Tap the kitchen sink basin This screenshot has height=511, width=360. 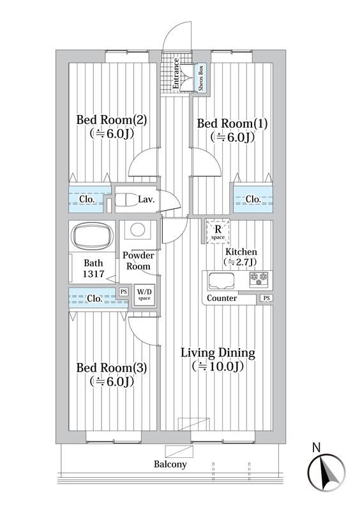coord(220,280)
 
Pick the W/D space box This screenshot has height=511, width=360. coord(144,295)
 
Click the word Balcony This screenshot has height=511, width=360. coord(170,464)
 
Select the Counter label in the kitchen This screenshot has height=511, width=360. coord(222,298)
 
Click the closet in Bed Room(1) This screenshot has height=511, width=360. coord(253,199)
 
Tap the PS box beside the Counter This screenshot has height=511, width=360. coord(266,298)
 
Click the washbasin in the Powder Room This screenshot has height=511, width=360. coord(137,230)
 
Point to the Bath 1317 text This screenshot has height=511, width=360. coord(93,268)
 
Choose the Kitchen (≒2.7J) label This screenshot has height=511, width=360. coord(240,256)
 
